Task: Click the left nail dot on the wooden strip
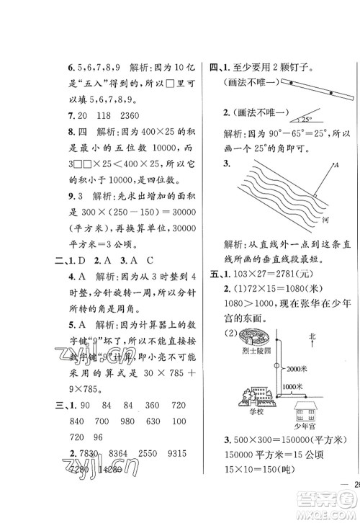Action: click(x=284, y=84)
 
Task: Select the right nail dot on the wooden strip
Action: click(x=330, y=93)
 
